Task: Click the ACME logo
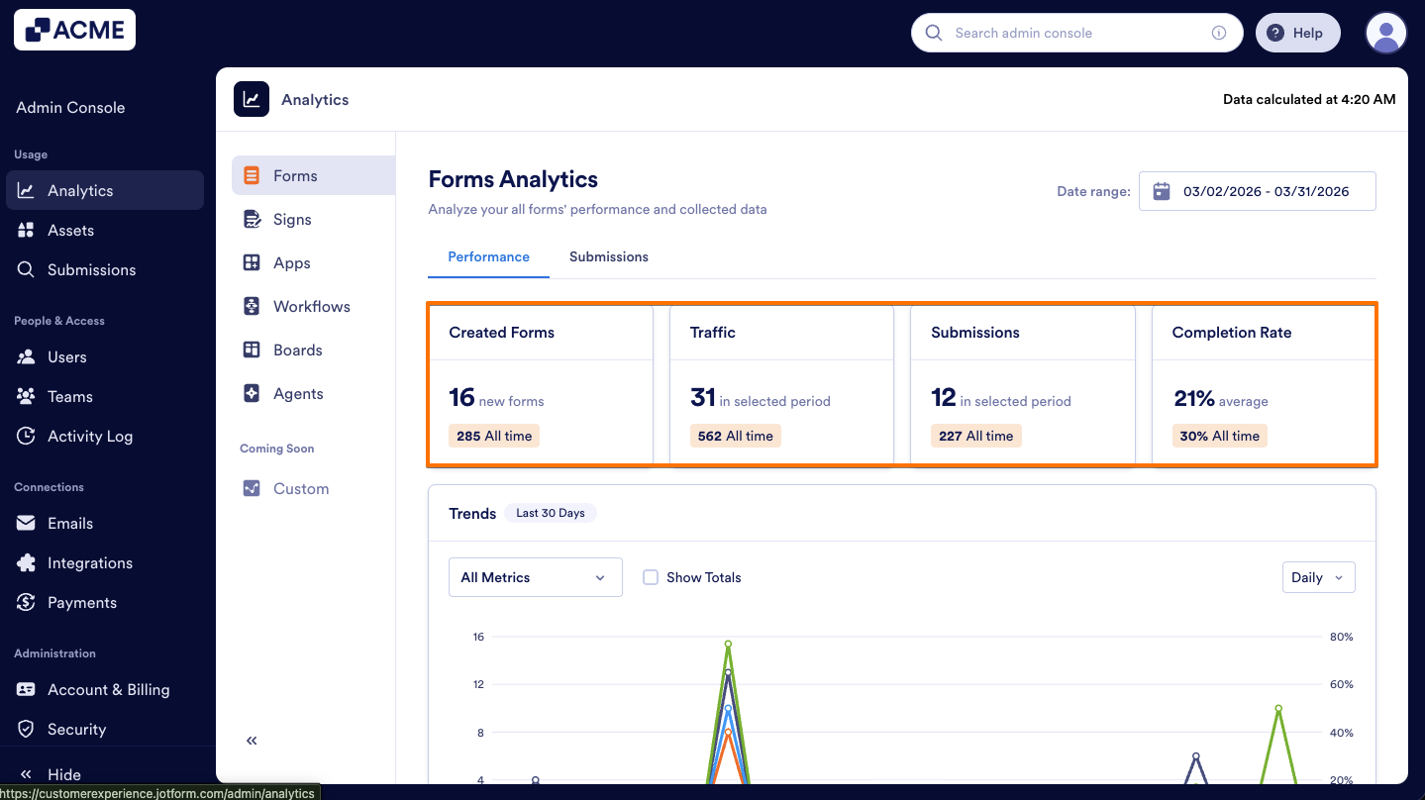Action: pyautogui.click(x=74, y=30)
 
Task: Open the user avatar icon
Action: pyautogui.click(x=1385, y=33)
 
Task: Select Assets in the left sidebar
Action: pyautogui.click(x=70, y=230)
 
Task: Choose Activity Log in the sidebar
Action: pyautogui.click(x=89, y=436)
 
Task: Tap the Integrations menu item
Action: pyautogui.click(x=89, y=562)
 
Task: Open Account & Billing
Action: pyautogui.click(x=108, y=689)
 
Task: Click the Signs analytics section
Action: pyautogui.click(x=292, y=219)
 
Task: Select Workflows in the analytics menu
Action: pyautogui.click(x=311, y=306)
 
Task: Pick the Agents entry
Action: pyautogui.click(x=298, y=393)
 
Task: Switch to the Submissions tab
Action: pyautogui.click(x=608, y=256)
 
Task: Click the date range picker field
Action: pyautogui.click(x=1257, y=191)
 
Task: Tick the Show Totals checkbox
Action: pyautogui.click(x=651, y=577)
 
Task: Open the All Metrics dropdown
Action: pyautogui.click(x=535, y=577)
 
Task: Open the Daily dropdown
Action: pyautogui.click(x=1317, y=577)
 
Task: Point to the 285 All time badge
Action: pyautogui.click(x=494, y=436)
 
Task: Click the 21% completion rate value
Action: pyautogui.click(x=1193, y=398)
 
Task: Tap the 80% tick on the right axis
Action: pyautogui.click(x=1341, y=637)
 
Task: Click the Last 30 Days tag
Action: pyautogui.click(x=550, y=513)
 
